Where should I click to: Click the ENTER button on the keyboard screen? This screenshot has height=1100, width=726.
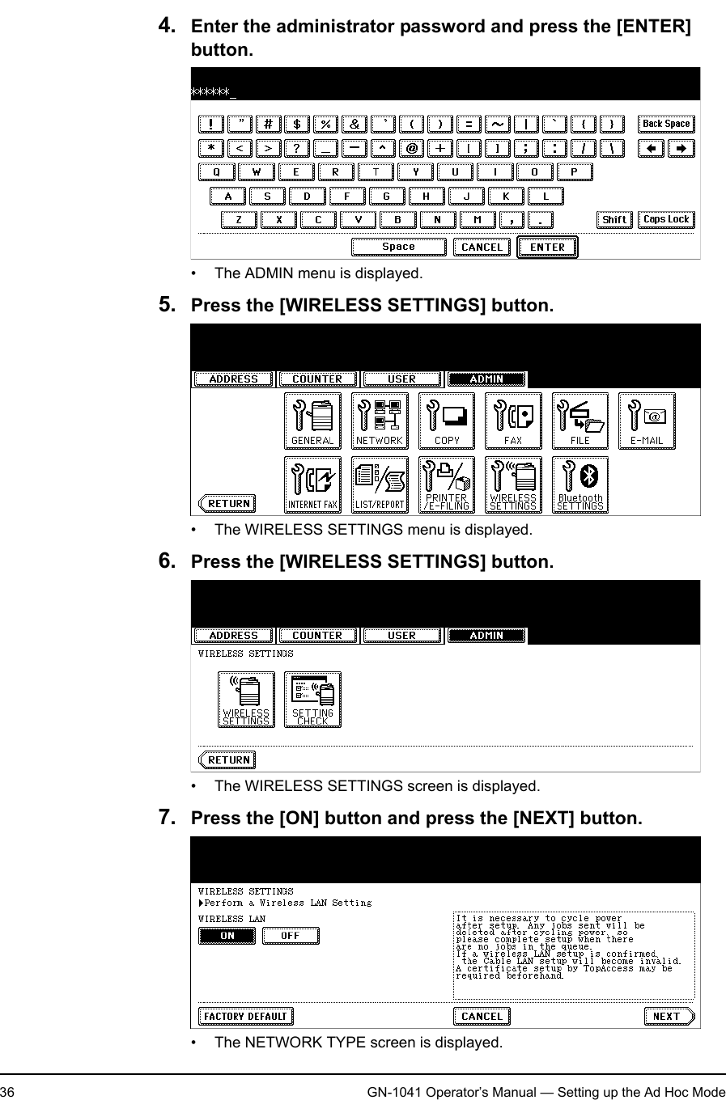(x=547, y=247)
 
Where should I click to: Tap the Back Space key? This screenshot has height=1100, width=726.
(x=666, y=125)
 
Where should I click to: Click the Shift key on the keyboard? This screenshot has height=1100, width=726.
(x=614, y=220)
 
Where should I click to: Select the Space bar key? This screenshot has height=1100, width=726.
(x=398, y=247)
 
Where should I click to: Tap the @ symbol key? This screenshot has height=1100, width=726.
(x=412, y=149)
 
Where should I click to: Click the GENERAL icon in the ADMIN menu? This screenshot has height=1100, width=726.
(x=312, y=421)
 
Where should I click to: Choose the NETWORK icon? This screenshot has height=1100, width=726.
(x=380, y=421)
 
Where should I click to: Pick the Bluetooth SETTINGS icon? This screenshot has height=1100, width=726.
(x=580, y=485)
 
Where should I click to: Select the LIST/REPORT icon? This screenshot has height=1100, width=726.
(x=380, y=485)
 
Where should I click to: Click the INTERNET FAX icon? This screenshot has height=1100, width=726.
(x=312, y=485)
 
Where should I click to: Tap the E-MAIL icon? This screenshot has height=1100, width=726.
(x=647, y=421)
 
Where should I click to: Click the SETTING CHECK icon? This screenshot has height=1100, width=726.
(x=312, y=700)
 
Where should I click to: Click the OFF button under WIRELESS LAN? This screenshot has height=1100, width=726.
(x=290, y=936)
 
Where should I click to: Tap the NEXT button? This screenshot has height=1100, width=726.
(x=669, y=1017)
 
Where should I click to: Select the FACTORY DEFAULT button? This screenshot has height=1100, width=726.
(x=245, y=1017)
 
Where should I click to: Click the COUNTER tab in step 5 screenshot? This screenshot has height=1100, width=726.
(x=317, y=379)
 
